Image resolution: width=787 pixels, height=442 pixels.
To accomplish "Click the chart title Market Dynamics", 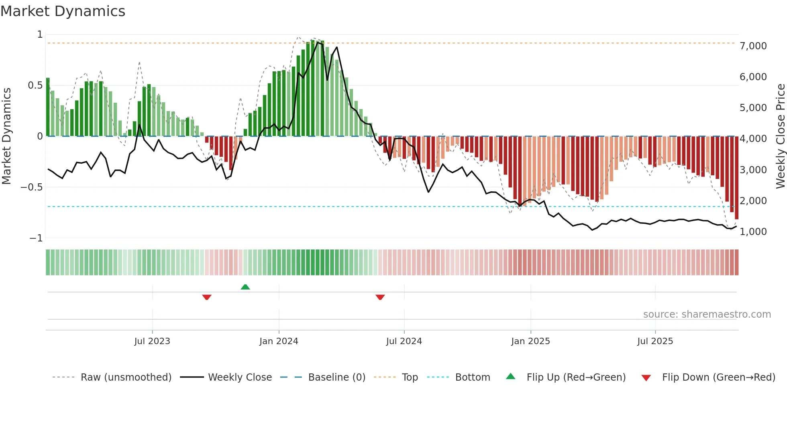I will pyautogui.click(x=63, y=11).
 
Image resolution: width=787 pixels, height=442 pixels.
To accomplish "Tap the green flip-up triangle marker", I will pyautogui.click(x=245, y=287).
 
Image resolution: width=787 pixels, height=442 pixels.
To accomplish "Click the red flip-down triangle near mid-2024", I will pyautogui.click(x=380, y=297).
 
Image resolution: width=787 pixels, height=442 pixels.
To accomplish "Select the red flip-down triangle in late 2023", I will pyautogui.click(x=207, y=297).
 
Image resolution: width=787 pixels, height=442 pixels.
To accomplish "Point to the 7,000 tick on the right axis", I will pyautogui.click(x=753, y=46).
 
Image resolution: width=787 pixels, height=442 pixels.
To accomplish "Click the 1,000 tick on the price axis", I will pyautogui.click(x=753, y=232).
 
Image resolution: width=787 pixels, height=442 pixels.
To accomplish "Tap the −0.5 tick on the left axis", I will pyautogui.click(x=32, y=187).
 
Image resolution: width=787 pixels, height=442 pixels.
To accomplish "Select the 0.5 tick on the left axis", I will pyautogui.click(x=35, y=85).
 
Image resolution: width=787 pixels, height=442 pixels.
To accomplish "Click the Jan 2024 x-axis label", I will pyautogui.click(x=279, y=341).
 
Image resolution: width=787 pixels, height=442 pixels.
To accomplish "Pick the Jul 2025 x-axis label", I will pyautogui.click(x=655, y=341).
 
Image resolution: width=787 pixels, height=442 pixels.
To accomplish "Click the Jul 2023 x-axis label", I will pyautogui.click(x=152, y=341).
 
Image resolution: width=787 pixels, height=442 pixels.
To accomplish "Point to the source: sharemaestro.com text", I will pyautogui.click(x=707, y=314).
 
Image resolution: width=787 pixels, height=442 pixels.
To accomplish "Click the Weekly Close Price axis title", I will pyautogui.click(x=780, y=136).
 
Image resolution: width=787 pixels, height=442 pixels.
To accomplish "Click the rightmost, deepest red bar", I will pyautogui.click(x=737, y=178).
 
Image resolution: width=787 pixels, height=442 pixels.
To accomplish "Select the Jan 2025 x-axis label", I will pyautogui.click(x=530, y=341).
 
